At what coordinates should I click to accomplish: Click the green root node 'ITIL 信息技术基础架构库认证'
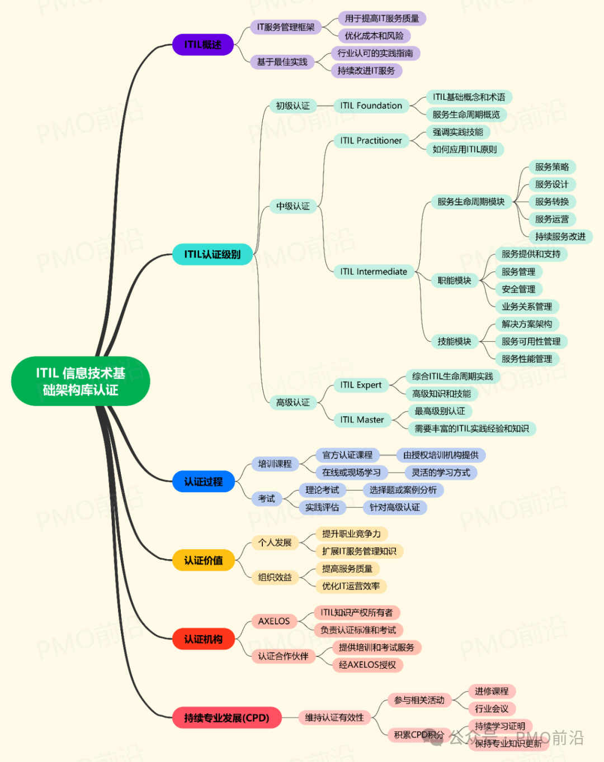81,381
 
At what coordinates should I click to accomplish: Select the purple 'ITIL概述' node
202,45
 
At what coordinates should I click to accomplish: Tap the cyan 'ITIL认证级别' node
212,254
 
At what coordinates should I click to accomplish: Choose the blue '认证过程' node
203,482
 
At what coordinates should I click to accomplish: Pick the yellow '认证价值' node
203,560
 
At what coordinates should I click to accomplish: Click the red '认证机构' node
203,639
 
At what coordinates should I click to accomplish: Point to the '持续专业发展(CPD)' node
226,718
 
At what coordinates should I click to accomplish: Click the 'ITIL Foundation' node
371,106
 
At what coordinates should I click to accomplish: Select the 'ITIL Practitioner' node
371,141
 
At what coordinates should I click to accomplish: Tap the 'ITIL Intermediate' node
374,272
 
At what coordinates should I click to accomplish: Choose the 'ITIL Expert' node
361,385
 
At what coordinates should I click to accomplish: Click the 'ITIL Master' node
362,420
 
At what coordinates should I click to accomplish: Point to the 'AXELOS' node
273,621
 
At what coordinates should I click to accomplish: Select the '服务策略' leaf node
551,167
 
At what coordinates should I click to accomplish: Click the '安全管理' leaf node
518,289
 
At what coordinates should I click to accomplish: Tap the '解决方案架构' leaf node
526,324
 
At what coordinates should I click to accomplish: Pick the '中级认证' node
292,207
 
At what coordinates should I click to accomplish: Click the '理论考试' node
322,490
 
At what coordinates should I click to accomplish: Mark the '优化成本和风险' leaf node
374,36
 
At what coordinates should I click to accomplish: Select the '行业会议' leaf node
491,709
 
